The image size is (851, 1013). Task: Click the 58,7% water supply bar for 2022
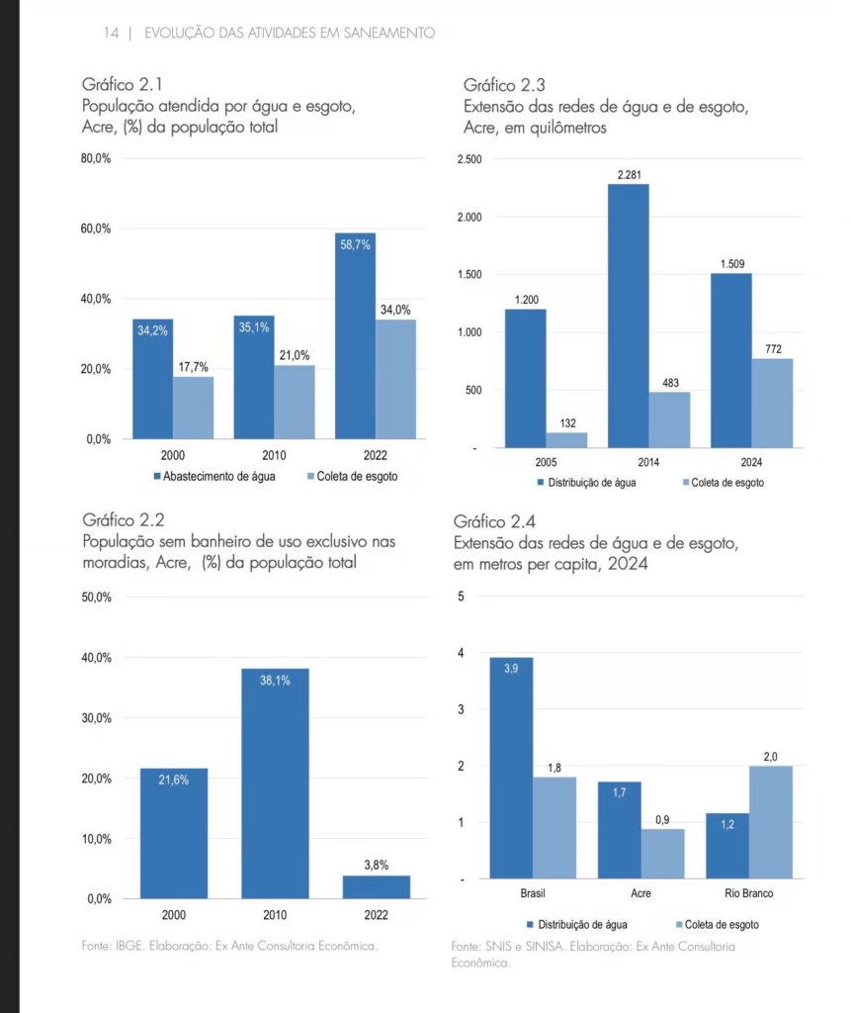coord(355,336)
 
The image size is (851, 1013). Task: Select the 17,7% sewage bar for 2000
coord(193,408)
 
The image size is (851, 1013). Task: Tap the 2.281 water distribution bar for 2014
coord(629,316)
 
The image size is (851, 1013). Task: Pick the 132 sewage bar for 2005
coord(567,440)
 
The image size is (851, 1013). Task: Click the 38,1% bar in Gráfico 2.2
coord(275,783)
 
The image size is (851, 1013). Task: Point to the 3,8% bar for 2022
coord(377,887)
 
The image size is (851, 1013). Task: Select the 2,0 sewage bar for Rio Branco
coord(771,822)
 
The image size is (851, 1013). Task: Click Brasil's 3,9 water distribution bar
coord(511,768)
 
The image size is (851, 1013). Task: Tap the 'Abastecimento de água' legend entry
coord(214,477)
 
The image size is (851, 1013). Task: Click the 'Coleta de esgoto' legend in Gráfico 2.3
coord(723,483)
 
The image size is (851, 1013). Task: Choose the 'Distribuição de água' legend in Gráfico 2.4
coord(576,925)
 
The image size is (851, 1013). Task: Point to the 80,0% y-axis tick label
coord(96,158)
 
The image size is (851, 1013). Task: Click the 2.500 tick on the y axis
coord(469,159)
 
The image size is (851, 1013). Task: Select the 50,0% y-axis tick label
coord(96,597)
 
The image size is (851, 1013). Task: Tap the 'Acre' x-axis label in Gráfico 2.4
coord(640,893)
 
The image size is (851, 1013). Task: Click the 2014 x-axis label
coord(648,463)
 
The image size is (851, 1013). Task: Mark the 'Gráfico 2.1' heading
coord(122,85)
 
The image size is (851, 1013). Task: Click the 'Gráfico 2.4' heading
coord(494,521)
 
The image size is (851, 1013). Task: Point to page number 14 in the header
coord(111,33)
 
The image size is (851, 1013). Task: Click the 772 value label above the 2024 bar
coord(773,349)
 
